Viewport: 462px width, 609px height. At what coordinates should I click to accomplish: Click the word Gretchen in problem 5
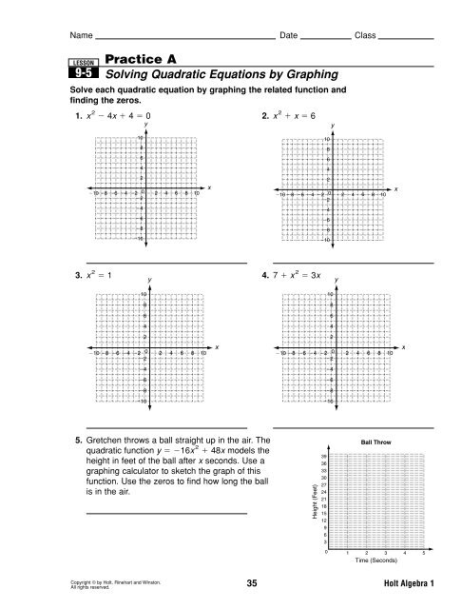(111, 442)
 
